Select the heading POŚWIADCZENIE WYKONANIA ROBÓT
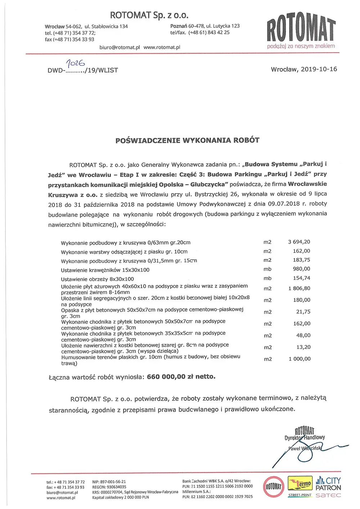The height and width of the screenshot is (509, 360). click(187, 140)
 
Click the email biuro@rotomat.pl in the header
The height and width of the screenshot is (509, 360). click(120, 47)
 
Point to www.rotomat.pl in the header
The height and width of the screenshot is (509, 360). click(162, 47)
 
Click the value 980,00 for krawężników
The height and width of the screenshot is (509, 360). click(301, 269)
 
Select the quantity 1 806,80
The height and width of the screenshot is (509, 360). click(299, 288)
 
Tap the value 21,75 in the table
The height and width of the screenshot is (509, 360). click(303, 312)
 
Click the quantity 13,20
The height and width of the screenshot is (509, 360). click(303, 347)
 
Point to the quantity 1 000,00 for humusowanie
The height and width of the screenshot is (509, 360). click(299, 359)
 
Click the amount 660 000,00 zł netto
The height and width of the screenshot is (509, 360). click(181, 377)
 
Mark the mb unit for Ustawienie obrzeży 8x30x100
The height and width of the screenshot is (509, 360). click(267, 278)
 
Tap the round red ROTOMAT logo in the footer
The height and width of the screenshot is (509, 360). click(273, 487)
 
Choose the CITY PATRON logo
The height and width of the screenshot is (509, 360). click(328, 484)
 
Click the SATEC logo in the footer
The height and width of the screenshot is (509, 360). click(328, 495)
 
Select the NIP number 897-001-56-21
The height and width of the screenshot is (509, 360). click(109, 482)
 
